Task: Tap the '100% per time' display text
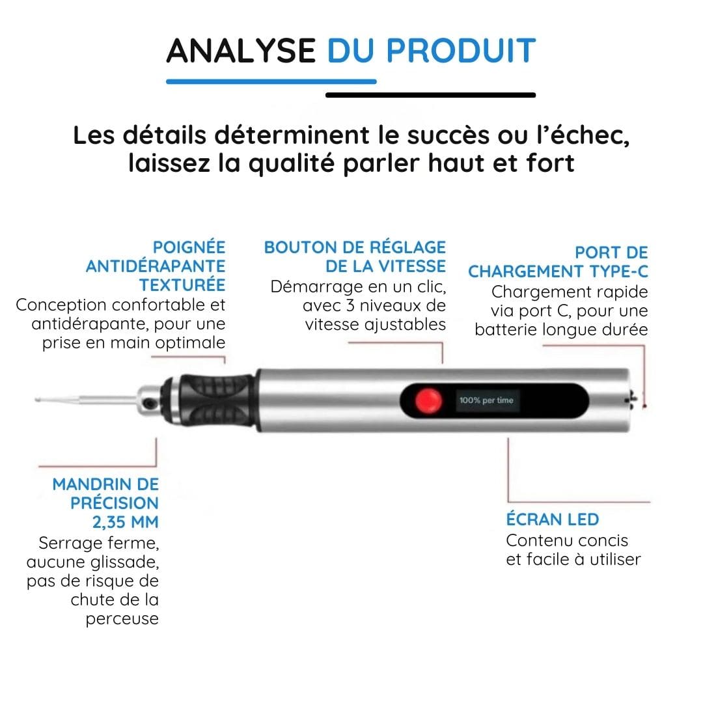tap(486, 400)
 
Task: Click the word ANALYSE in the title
tap(241, 51)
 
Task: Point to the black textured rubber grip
tap(220, 399)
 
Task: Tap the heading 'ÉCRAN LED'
tap(553, 519)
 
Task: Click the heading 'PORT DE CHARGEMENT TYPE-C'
tap(558, 262)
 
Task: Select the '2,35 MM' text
tap(124, 522)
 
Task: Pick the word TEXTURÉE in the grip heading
tap(182, 285)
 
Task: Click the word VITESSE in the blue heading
tap(409, 266)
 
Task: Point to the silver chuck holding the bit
tap(151, 398)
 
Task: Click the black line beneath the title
tap(430, 95)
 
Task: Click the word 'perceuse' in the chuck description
tap(122, 618)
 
